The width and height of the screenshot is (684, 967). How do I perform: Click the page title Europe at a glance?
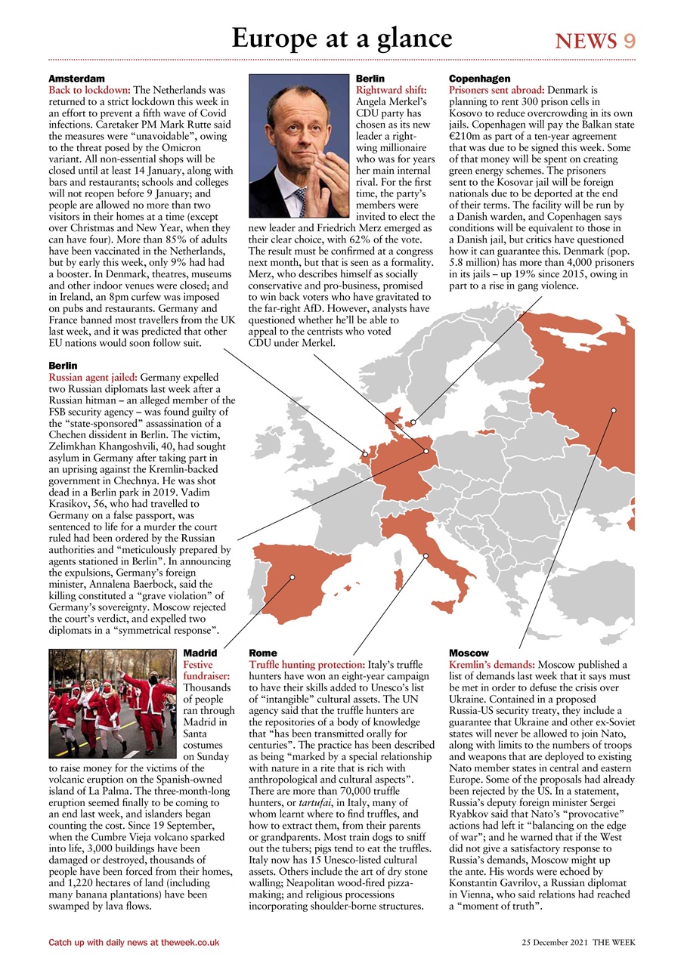(x=342, y=38)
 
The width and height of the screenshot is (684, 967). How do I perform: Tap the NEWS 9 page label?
(x=595, y=41)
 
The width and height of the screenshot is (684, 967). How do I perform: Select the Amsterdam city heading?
(x=76, y=79)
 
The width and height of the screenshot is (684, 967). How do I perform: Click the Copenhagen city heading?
(x=479, y=79)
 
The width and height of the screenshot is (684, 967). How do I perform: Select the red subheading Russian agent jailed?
(x=93, y=376)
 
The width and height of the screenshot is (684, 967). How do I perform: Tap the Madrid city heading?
(x=200, y=653)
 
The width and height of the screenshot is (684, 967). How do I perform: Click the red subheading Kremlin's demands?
(x=491, y=664)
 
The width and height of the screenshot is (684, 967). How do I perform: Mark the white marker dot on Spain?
(x=292, y=577)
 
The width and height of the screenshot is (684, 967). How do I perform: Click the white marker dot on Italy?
(x=426, y=556)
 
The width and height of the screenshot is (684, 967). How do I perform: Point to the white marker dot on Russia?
(x=614, y=410)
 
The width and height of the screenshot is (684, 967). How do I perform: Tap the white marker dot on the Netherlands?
(x=365, y=455)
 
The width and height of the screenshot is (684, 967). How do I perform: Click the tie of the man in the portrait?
(x=300, y=201)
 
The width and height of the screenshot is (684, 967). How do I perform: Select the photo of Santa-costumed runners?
(x=112, y=703)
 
